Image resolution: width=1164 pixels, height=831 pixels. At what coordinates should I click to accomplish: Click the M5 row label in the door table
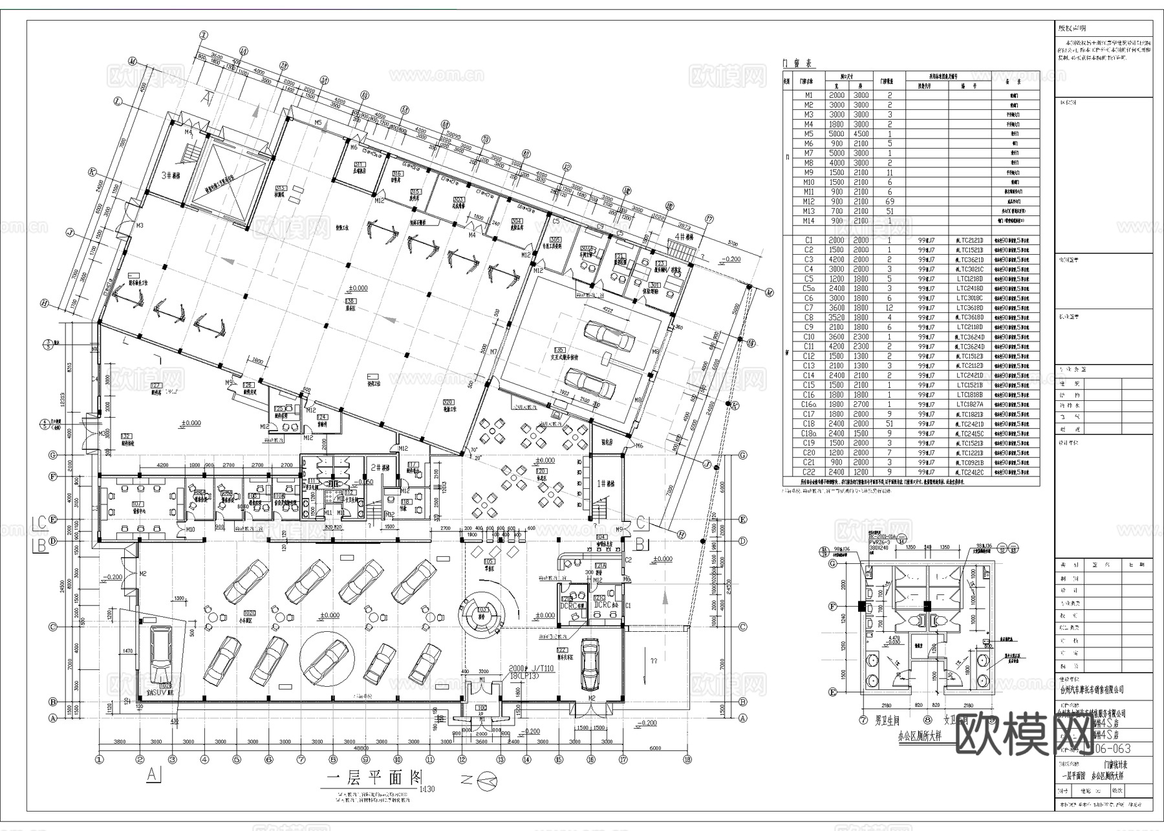click(x=808, y=134)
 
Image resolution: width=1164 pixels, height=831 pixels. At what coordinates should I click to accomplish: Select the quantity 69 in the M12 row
click(x=890, y=202)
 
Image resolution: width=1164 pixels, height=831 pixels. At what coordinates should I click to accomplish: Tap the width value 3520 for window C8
click(x=837, y=318)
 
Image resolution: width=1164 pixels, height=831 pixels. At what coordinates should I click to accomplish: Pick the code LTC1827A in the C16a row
click(x=970, y=404)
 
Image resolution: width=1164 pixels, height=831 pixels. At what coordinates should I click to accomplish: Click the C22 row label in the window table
click(x=808, y=472)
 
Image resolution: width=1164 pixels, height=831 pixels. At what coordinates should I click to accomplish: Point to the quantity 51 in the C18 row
click(x=890, y=424)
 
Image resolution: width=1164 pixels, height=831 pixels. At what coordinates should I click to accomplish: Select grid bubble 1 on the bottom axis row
click(x=100, y=760)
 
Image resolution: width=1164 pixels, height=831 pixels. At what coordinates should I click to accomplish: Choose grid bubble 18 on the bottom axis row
click(x=687, y=760)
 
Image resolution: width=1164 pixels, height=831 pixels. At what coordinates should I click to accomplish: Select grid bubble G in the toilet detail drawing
click(x=833, y=564)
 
